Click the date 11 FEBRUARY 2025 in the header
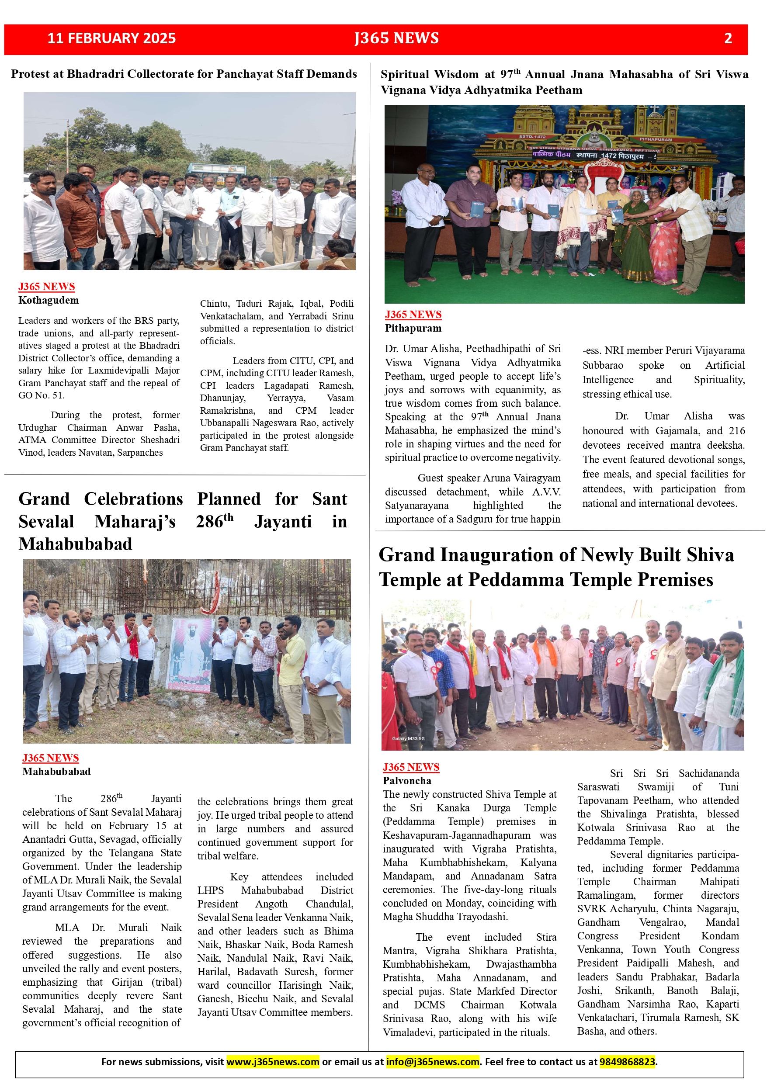coord(111,38)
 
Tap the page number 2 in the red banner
coord(728,38)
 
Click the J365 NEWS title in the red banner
coord(397,38)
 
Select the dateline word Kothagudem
coord(49,300)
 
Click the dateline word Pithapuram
coord(413,328)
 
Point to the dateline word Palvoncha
coord(406,780)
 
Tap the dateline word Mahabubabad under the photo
coord(56,772)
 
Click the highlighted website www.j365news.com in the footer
coord(273,1061)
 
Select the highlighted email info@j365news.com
coord(432,1061)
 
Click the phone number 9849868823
coord(627,1061)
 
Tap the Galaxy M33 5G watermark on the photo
coord(408,738)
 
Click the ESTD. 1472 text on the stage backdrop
coord(532,136)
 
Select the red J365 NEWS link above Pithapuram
coord(413,315)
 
